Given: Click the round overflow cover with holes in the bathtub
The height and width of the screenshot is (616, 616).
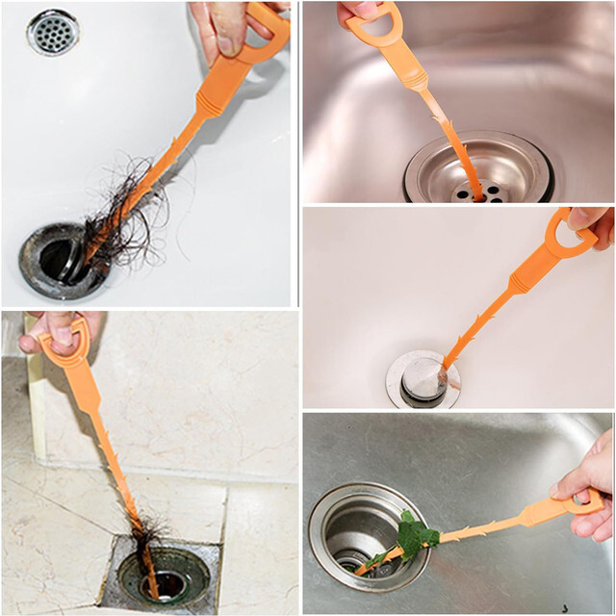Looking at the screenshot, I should click(53, 33).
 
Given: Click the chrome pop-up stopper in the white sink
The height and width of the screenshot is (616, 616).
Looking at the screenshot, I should click(422, 377).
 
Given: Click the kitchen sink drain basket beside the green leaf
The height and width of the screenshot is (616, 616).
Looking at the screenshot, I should click(356, 534).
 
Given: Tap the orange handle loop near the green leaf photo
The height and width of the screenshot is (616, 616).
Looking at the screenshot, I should click(581, 503).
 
